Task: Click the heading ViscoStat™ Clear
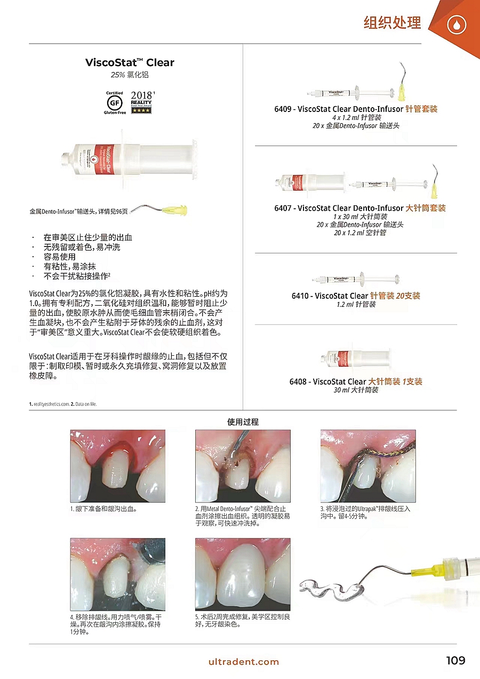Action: [x=130, y=62]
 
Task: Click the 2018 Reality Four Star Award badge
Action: [x=141, y=102]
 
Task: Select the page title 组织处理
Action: [x=392, y=23]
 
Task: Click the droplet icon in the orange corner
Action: [x=457, y=25]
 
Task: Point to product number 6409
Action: [x=283, y=109]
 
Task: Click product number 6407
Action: [x=283, y=208]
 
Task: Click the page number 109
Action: [x=455, y=661]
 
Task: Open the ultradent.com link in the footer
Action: [x=244, y=662]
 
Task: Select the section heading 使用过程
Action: [x=243, y=422]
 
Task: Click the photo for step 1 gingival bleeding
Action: [x=118, y=466]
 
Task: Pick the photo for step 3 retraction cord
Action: [x=367, y=466]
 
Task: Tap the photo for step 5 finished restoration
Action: [x=243, y=574]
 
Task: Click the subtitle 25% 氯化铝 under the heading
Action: [x=130, y=75]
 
